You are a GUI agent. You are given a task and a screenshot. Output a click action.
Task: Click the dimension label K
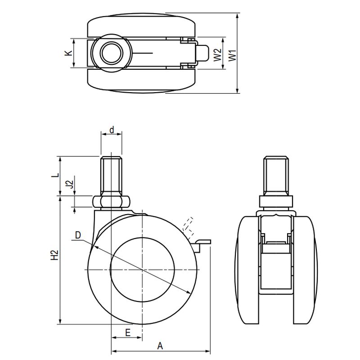click(68, 53)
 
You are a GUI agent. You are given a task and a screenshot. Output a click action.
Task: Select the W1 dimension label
click(233, 55)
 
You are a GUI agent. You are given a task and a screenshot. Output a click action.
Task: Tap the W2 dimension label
click(217, 54)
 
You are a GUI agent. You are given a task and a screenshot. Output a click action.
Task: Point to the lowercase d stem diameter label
click(112, 130)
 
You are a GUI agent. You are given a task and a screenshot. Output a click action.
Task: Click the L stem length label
click(55, 175)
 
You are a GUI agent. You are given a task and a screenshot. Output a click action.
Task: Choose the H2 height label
click(54, 255)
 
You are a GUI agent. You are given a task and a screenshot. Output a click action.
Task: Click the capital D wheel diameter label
click(78, 235)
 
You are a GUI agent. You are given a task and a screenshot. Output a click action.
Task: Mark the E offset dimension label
click(128, 333)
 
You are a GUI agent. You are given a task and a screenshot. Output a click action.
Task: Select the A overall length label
click(160, 346)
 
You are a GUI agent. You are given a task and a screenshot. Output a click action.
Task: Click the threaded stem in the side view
click(111, 176)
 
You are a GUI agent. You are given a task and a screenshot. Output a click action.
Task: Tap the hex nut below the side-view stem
click(111, 202)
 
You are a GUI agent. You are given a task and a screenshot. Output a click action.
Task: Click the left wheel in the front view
click(247, 270)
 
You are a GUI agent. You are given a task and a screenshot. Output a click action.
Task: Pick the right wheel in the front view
click(306, 270)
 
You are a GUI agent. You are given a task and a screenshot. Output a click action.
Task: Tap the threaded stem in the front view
click(276, 176)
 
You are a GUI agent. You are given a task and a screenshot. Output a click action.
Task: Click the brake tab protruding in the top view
click(202, 53)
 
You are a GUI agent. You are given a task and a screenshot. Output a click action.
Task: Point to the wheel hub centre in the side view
click(142, 270)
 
